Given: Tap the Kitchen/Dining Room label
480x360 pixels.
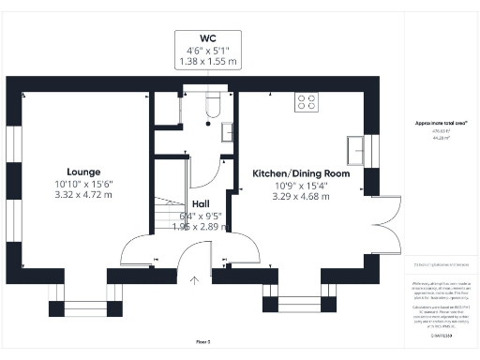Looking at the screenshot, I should tap(301, 173).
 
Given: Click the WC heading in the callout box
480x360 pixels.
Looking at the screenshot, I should tap(208, 39).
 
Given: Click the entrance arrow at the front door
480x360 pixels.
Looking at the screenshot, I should tap(195, 278).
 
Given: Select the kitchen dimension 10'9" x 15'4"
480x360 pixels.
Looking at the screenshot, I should tap(301, 186).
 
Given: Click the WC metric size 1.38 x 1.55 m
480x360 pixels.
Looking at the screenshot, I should tap(208, 63).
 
